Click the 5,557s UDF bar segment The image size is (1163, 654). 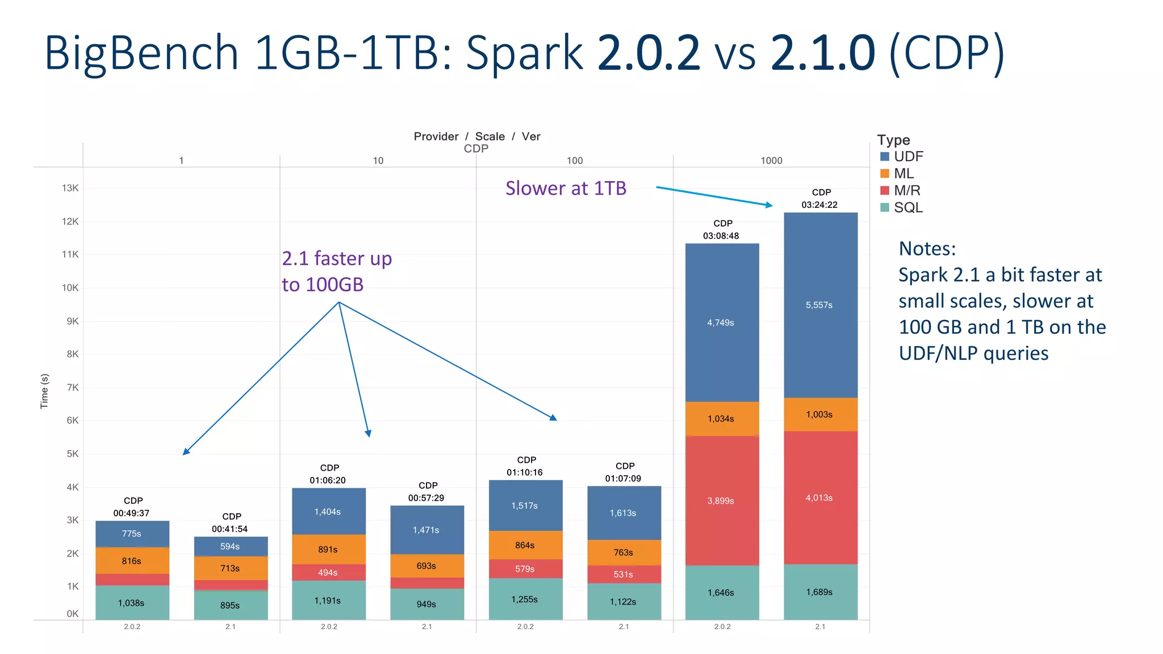pyautogui.click(x=820, y=305)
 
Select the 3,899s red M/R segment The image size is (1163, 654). pyautogui.click(x=721, y=500)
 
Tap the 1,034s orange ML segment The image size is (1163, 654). pyautogui.click(x=721, y=418)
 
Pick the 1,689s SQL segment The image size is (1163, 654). pyautogui.click(x=820, y=592)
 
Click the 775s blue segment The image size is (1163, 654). pyautogui.click(x=132, y=534)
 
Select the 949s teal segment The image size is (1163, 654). pyautogui.click(x=426, y=604)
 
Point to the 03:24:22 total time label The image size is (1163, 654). pyautogui.click(x=819, y=204)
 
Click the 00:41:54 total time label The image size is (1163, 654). pyautogui.click(x=229, y=529)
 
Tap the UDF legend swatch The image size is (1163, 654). pyautogui.click(x=885, y=157)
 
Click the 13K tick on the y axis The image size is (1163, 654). pyautogui.click(x=70, y=188)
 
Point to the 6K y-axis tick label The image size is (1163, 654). pyautogui.click(x=73, y=421)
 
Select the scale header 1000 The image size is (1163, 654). pyautogui.click(x=771, y=161)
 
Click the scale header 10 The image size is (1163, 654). pyautogui.click(x=378, y=161)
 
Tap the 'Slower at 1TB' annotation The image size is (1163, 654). pyautogui.click(x=566, y=188)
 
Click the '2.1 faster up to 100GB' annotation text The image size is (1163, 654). pyautogui.click(x=337, y=271)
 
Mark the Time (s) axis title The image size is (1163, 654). pyautogui.click(x=44, y=391)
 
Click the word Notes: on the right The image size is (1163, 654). pyautogui.click(x=927, y=249)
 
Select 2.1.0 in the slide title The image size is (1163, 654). pyautogui.click(x=823, y=52)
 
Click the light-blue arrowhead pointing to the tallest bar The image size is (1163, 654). pyautogui.click(x=769, y=205)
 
